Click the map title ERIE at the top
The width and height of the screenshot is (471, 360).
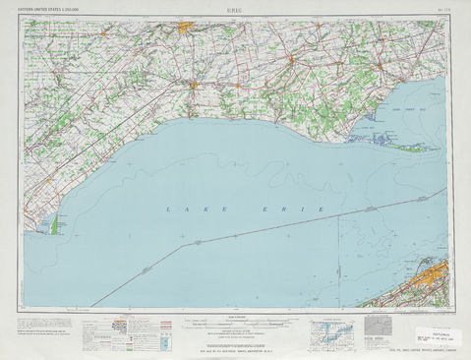click(236, 8)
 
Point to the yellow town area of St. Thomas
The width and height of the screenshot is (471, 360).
click(194, 85)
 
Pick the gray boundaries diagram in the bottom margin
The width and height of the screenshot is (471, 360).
click(379, 326)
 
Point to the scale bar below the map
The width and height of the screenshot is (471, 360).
click(236, 322)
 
